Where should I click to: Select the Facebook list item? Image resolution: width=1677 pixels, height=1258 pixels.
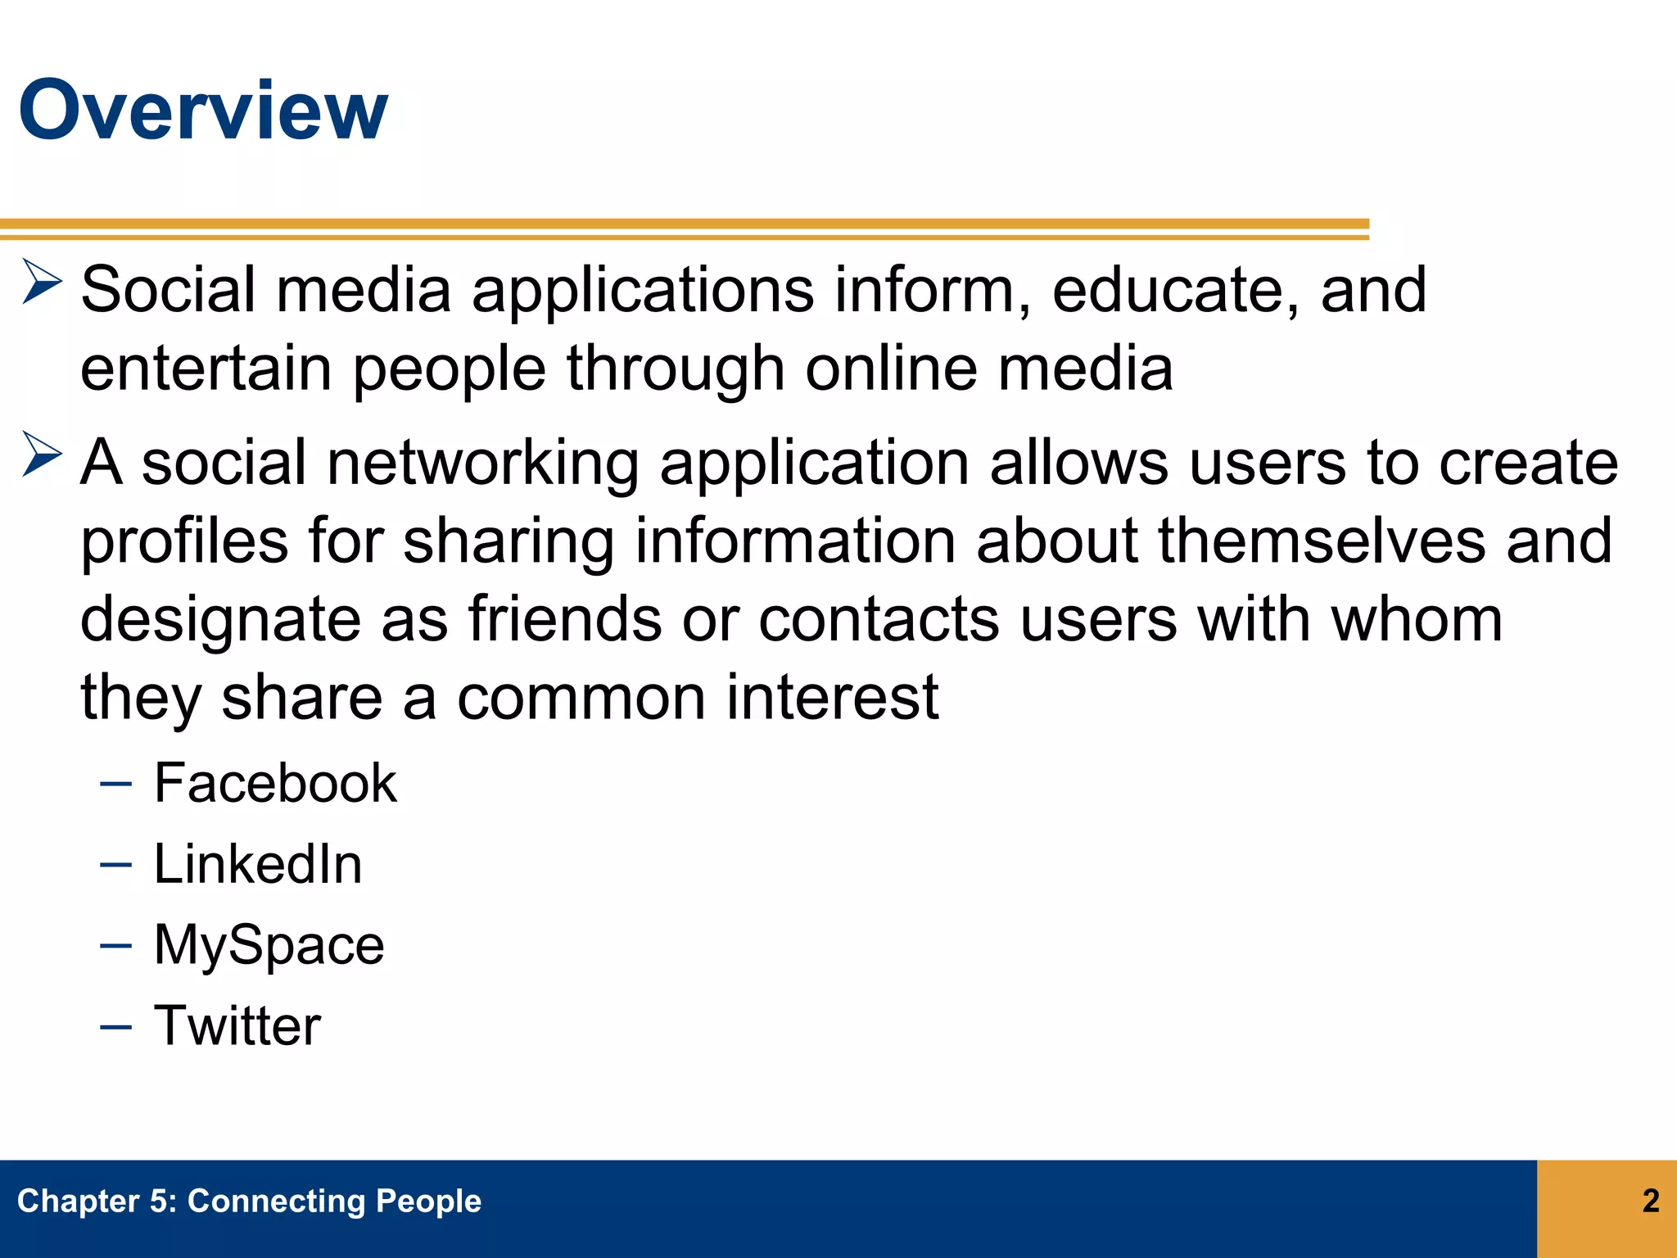point(275,783)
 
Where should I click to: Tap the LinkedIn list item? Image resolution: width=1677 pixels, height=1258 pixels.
point(258,864)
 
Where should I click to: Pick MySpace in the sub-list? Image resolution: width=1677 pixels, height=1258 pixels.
point(269,945)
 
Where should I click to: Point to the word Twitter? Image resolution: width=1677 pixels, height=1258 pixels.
point(237,1025)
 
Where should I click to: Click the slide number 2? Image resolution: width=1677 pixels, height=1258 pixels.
point(1651,1201)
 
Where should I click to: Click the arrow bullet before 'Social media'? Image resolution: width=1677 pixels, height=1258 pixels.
point(41,282)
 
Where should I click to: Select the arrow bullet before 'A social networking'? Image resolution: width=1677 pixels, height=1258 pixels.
point(41,455)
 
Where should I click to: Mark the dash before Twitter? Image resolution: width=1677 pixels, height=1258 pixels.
point(115,1027)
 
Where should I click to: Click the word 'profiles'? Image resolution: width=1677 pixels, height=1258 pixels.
point(184,542)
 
